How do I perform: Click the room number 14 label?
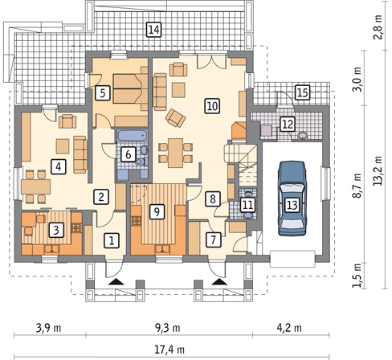pyautogui.click(x=153, y=30)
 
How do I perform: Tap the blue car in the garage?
pyautogui.click(x=292, y=198)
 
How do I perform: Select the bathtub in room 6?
pyautogui.click(x=133, y=136)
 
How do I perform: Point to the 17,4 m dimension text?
pyautogui.click(x=169, y=350)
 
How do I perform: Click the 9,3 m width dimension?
pyautogui.click(x=168, y=328)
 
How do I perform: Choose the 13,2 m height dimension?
pyautogui.click(x=378, y=170)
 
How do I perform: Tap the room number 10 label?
pyautogui.click(x=212, y=106)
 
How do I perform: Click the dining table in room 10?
pyautogui.click(x=176, y=153)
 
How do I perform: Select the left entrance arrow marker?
pyautogui.click(x=116, y=281)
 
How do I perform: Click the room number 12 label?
pyautogui.click(x=288, y=124)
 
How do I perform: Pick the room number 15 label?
pyautogui.click(x=303, y=92)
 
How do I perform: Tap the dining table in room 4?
pyautogui.click(x=36, y=186)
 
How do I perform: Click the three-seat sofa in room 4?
pyautogui.click(x=80, y=154)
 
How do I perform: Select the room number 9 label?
pyautogui.click(x=157, y=212)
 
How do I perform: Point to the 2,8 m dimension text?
pyautogui.click(x=378, y=27)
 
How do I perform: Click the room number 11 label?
pyautogui.click(x=247, y=205)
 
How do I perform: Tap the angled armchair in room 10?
pyautogui.click(x=175, y=118)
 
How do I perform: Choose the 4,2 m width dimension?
pyautogui.click(x=289, y=328)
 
